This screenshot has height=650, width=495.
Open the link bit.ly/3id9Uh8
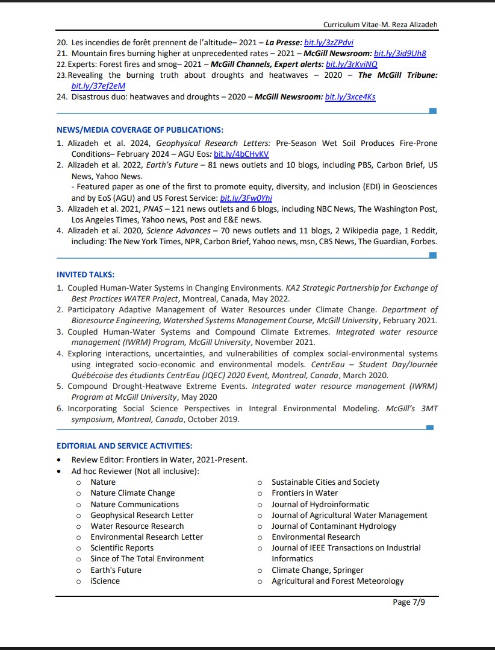click(x=400, y=53)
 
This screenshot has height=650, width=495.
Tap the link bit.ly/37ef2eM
click(x=90, y=86)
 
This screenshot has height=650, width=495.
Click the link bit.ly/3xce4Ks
click(x=350, y=96)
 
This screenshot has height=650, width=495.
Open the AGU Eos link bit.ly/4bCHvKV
click(x=241, y=154)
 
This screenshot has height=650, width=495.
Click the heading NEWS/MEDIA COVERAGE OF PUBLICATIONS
click(x=140, y=130)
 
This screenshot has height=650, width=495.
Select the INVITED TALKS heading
click(x=86, y=274)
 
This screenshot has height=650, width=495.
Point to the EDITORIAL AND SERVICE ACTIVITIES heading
click(x=125, y=446)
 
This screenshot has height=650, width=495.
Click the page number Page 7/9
click(x=409, y=602)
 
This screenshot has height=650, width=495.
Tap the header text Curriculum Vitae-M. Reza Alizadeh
click(x=380, y=25)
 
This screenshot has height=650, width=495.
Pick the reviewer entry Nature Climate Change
click(x=132, y=493)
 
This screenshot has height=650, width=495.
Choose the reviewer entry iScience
click(x=105, y=581)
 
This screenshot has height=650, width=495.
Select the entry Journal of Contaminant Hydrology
click(x=334, y=526)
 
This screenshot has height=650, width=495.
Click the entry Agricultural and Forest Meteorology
click(x=337, y=581)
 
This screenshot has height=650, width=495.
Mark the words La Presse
click(x=282, y=43)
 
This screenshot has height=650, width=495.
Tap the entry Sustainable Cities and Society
click(x=325, y=482)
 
